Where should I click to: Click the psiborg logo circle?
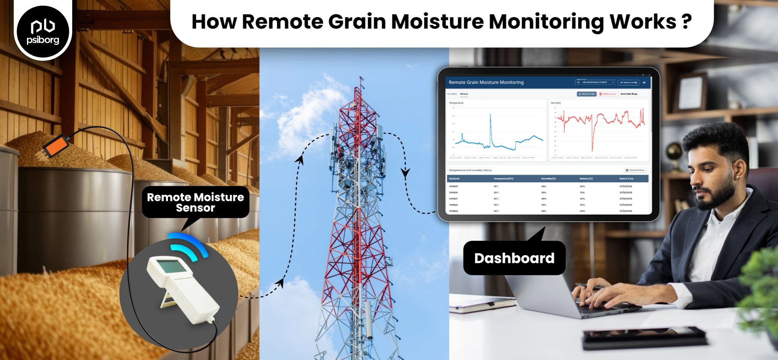(x=43, y=32)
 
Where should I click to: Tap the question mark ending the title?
(x=686, y=22)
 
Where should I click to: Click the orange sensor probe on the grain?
(x=56, y=145)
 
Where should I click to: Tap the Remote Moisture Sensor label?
(x=195, y=202)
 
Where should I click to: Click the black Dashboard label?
(x=514, y=258)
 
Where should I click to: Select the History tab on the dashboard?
(x=464, y=94)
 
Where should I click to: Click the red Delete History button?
(x=607, y=94)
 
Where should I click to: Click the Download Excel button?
(x=635, y=170)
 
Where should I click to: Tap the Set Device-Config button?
(x=628, y=82)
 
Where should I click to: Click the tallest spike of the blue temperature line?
(x=490, y=115)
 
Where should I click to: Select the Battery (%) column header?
(x=586, y=178)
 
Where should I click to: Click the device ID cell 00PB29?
(x=453, y=186)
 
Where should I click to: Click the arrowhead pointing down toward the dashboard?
(x=405, y=174)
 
